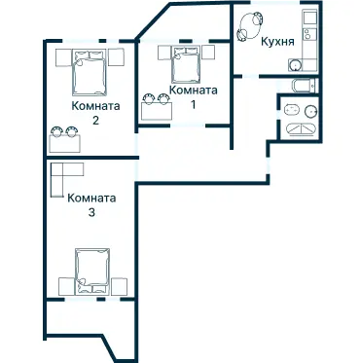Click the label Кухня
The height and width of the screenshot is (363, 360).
pyautogui.click(x=278, y=42)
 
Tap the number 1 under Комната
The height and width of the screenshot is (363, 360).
pyautogui.click(x=194, y=105)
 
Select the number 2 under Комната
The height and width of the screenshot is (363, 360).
pyautogui.click(x=95, y=121)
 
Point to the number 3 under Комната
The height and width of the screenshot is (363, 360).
pyautogui.click(x=91, y=213)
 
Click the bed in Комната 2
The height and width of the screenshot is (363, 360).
pyautogui.click(x=90, y=72)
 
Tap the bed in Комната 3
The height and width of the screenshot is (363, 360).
pyautogui.click(x=92, y=272)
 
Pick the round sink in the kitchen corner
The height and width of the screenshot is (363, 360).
pyautogui.click(x=295, y=65)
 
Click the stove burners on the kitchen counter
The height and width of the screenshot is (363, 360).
pyautogui.click(x=309, y=34)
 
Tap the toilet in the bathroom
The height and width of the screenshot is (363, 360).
pyautogui.click(x=291, y=110)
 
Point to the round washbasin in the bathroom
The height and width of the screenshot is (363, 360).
pyautogui.click(x=310, y=111)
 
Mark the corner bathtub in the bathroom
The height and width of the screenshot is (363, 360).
pyautogui.click(x=301, y=129)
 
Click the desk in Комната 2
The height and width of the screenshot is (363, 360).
pyautogui.click(x=64, y=143)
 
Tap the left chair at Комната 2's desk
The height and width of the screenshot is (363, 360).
pyautogui.click(x=56, y=131)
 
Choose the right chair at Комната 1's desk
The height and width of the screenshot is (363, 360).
pyautogui.click(x=163, y=98)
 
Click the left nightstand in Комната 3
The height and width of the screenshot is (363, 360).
pyautogui.click(x=67, y=286)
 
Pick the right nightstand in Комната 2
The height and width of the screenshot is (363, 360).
pyautogui.click(x=116, y=57)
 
